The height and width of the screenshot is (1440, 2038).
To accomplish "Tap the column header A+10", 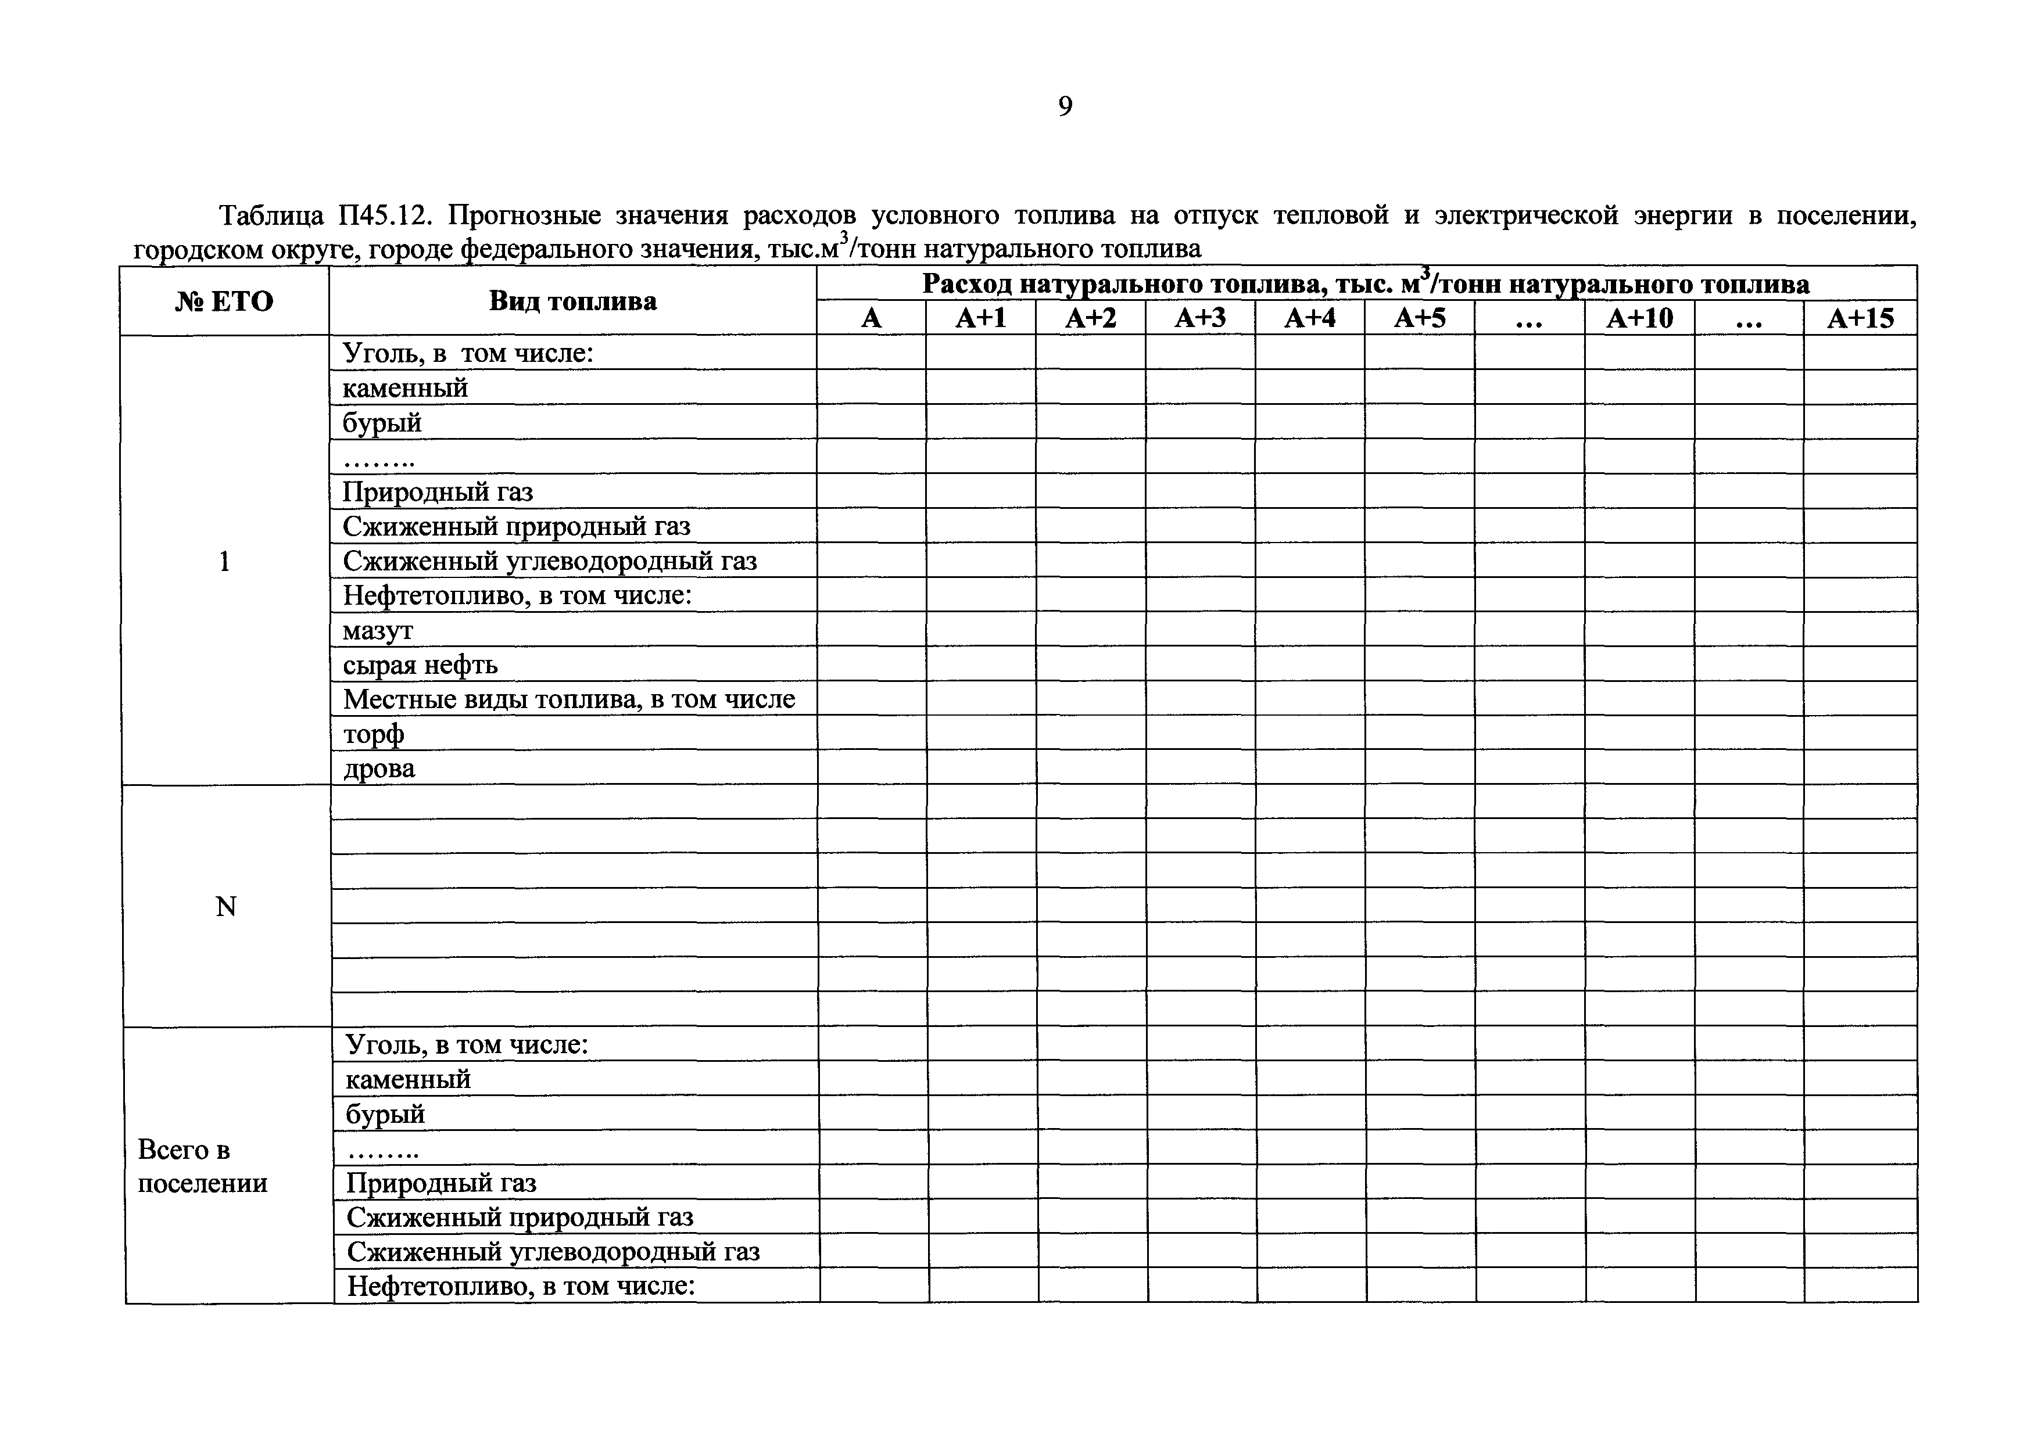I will tap(1639, 318).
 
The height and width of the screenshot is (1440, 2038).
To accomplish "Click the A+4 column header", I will tap(1309, 318).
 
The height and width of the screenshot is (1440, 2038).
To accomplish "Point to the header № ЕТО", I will tap(224, 301).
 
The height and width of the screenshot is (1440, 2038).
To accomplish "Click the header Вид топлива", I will tap(572, 301).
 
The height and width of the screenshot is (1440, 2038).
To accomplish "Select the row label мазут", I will tap(378, 630).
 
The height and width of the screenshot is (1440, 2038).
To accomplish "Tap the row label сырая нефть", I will tap(421, 665).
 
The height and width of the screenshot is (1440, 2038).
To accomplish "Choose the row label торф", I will tap(374, 734).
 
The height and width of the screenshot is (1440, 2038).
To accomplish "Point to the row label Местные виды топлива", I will tap(569, 699).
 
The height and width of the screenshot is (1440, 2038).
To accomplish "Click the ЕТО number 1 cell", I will tap(224, 561).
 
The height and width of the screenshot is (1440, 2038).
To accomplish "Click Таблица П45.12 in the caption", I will tap(325, 216).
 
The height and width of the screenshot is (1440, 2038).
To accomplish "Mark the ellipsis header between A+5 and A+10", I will tap(1530, 318).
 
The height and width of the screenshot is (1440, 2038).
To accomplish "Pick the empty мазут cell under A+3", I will tap(1200, 630).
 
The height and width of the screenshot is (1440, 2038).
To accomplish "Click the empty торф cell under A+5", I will tap(1419, 734).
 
